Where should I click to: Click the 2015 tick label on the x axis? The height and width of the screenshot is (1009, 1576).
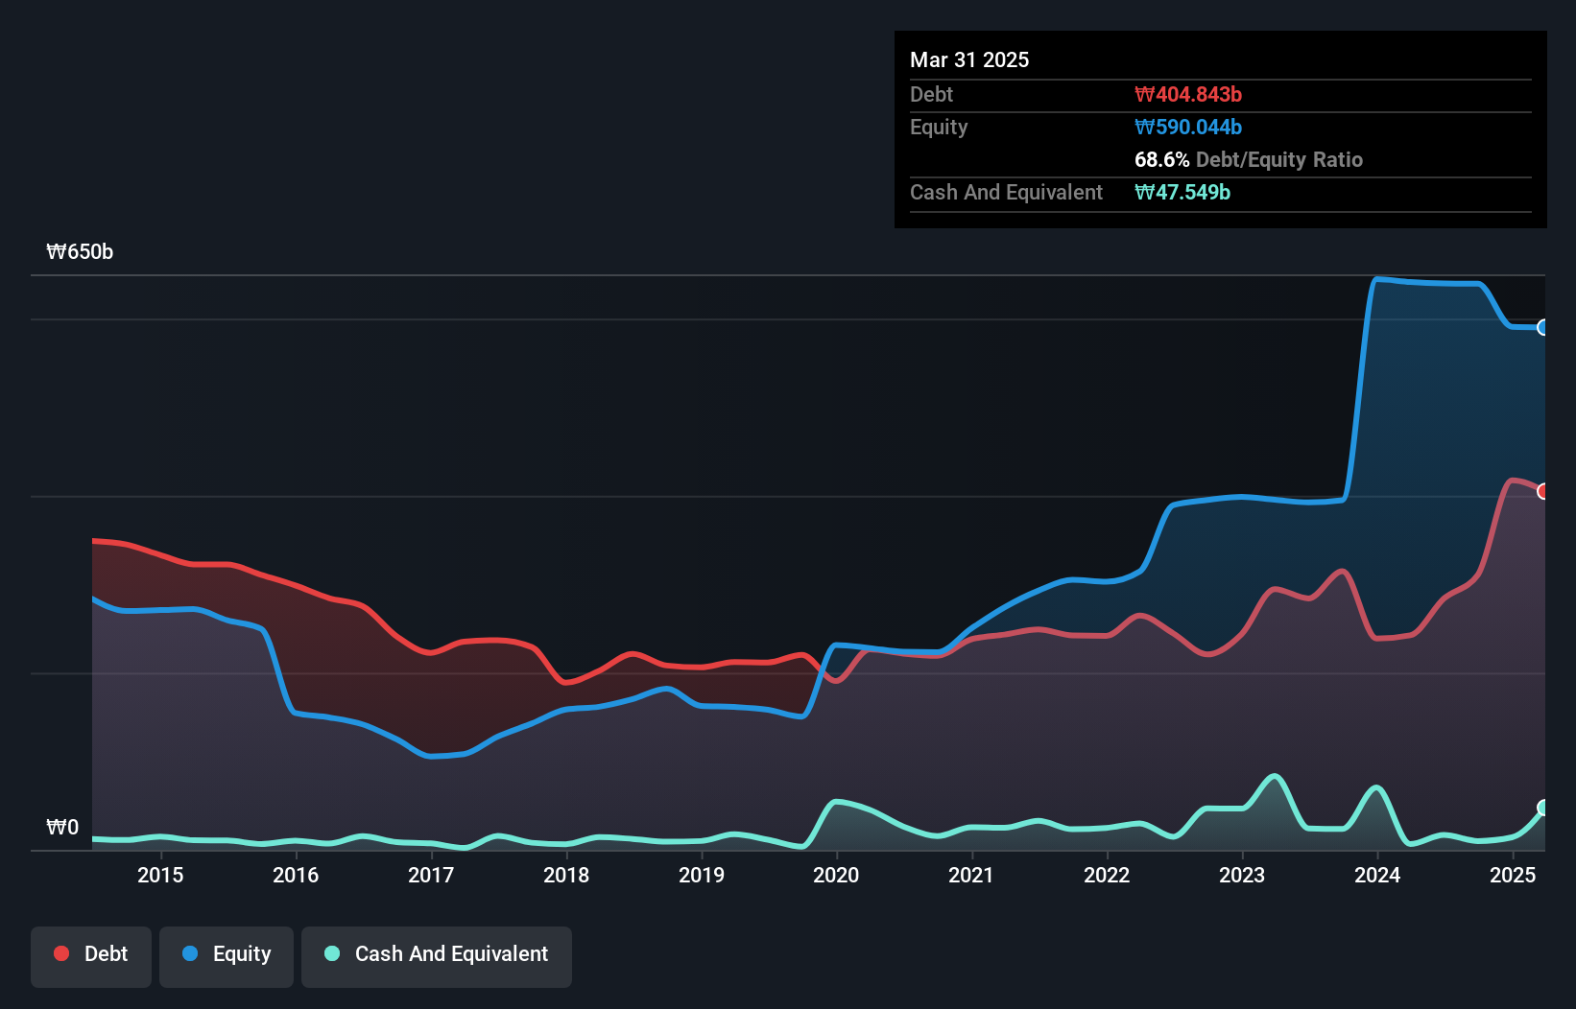tap(160, 875)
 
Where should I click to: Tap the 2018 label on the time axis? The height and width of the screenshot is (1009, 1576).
tap(566, 875)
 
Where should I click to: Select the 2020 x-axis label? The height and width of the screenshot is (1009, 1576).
tap(836, 875)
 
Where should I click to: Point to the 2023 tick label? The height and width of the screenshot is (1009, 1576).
tap(1242, 875)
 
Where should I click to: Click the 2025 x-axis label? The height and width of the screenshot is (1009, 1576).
tap(1513, 875)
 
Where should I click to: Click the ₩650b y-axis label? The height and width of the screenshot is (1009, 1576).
tap(80, 252)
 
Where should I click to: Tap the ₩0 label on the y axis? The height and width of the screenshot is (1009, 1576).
tap(62, 827)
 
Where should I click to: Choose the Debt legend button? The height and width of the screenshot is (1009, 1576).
tap(91, 954)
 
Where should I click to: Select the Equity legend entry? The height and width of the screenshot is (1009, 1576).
tap(227, 954)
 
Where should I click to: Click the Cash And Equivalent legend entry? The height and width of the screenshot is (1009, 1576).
tap(437, 954)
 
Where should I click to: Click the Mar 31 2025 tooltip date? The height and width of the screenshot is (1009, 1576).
tap(969, 60)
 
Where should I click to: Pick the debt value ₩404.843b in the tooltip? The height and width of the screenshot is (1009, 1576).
tap(1188, 95)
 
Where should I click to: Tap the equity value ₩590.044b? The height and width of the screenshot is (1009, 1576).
tap(1188, 128)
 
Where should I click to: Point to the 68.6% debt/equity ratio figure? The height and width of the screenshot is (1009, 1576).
tap(1161, 160)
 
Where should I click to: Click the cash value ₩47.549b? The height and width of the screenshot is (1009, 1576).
tap(1182, 193)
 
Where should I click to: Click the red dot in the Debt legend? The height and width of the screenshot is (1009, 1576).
tap(61, 953)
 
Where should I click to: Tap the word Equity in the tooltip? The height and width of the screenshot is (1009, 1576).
tap(939, 128)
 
